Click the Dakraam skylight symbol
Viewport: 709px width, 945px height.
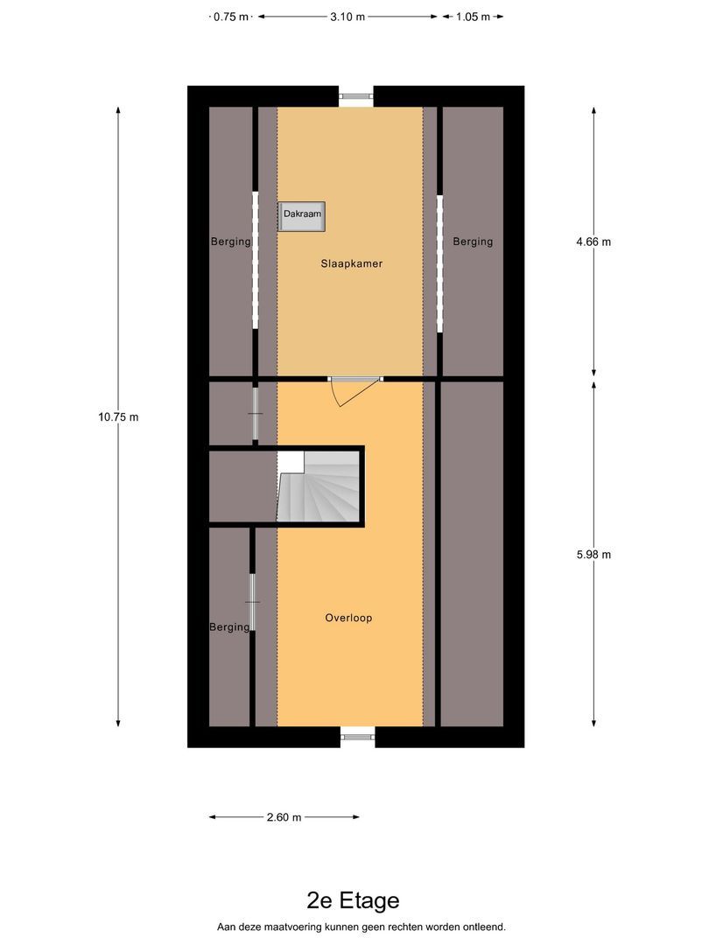click(x=303, y=216)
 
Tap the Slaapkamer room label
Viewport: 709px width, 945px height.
click(x=351, y=262)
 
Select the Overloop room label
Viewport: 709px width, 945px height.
click(x=348, y=618)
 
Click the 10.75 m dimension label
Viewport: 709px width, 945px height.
click(x=118, y=416)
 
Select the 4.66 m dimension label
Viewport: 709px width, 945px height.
click(x=593, y=241)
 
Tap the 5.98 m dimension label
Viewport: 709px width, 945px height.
click(x=593, y=554)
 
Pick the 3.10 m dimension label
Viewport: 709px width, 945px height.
click(x=347, y=17)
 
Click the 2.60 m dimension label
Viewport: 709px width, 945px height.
click(x=284, y=817)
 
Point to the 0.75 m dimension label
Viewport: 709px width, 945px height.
click(x=230, y=17)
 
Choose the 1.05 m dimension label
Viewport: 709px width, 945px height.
click(x=474, y=17)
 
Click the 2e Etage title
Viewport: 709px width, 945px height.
click(x=354, y=900)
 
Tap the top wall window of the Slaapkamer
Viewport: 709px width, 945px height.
click(x=356, y=97)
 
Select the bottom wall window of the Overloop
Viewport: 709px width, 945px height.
click(x=357, y=737)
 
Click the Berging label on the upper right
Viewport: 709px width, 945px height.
click(x=473, y=241)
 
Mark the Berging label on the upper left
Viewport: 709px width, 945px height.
click(x=231, y=241)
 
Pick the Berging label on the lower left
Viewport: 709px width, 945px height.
click(x=229, y=626)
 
